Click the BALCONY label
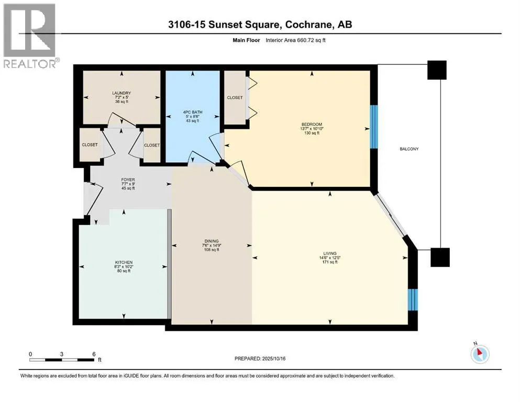(409, 149)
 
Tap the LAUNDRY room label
(121, 93)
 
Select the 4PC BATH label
(193, 112)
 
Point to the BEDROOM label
(312, 124)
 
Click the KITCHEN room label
(124, 262)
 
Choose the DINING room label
(212, 241)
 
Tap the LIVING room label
(330, 253)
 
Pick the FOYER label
(128, 180)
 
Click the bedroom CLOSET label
(235, 97)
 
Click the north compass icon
(480, 354)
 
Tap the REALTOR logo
(30, 36)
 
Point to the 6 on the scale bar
(94, 354)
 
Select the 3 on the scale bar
(62, 354)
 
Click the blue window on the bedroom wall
(374, 127)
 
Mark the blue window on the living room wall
(413, 299)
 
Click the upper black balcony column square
(437, 70)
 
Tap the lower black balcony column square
(440, 257)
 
